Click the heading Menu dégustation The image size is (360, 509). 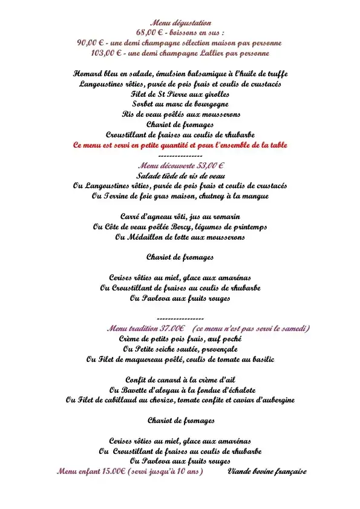pyautogui.click(x=180, y=23)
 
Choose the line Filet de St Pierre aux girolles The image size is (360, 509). pyautogui.click(x=180, y=94)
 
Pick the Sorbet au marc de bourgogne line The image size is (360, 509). pyautogui.click(x=180, y=104)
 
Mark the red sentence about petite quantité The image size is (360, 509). pyautogui.click(x=180, y=145)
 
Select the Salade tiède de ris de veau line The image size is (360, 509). pyautogui.click(x=180, y=175)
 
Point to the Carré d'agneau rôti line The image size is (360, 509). pyautogui.click(x=180, y=217)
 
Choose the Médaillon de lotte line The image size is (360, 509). pyautogui.click(x=180, y=237)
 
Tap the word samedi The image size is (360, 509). pyautogui.click(x=293, y=328)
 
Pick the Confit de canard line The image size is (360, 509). pyautogui.click(x=180, y=379)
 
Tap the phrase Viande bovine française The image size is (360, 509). pyautogui.click(x=267, y=471)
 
